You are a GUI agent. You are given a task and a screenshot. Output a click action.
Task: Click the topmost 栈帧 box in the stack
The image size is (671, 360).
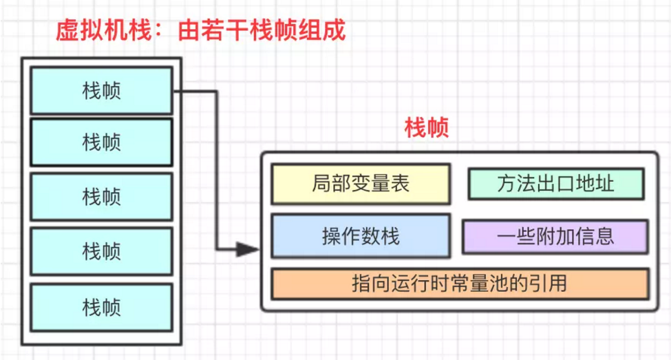(x=101, y=89)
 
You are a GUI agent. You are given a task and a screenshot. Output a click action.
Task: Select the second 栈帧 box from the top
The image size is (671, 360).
(x=101, y=142)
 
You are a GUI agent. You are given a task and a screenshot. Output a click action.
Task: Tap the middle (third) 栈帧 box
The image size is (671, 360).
(x=101, y=196)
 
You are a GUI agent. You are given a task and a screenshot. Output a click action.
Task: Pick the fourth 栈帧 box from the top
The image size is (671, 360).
(x=101, y=250)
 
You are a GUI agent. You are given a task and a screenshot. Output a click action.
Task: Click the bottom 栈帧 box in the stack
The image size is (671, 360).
(x=101, y=304)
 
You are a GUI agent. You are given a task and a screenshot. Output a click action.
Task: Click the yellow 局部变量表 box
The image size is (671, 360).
(x=361, y=184)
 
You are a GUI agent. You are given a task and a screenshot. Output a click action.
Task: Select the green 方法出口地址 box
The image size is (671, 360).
(x=555, y=184)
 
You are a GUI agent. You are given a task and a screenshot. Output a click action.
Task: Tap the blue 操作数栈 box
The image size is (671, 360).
(x=361, y=236)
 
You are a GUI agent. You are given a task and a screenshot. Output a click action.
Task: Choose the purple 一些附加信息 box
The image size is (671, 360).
(x=555, y=236)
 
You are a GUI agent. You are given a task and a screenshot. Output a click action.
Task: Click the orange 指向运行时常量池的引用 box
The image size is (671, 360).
(x=460, y=283)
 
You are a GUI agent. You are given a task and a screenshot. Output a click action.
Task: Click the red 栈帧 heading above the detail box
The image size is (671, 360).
(x=427, y=128)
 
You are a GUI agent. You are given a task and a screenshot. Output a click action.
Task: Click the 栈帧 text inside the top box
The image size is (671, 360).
(x=101, y=89)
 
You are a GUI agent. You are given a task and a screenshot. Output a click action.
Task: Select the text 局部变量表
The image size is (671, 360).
(x=361, y=184)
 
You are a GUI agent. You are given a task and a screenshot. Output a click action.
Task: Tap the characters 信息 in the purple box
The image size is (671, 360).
(x=595, y=236)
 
